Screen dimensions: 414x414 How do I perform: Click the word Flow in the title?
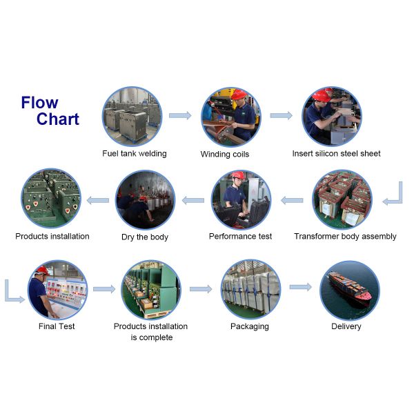click(x=39, y=103)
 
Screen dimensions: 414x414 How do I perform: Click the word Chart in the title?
click(x=58, y=119)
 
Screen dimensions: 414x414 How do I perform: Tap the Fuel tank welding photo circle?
click(x=132, y=115)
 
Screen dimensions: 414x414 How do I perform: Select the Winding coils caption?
click(x=225, y=154)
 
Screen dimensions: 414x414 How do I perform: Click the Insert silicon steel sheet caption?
click(x=336, y=153)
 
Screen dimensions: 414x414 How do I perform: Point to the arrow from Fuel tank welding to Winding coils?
click(x=179, y=115)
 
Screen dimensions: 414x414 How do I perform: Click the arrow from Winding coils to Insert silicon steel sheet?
click(x=281, y=115)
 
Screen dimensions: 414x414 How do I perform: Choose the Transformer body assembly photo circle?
click(x=342, y=199)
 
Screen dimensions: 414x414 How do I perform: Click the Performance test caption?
click(x=240, y=237)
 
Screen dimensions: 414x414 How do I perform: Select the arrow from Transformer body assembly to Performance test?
click(x=292, y=200)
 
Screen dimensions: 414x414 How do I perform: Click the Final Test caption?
click(x=57, y=326)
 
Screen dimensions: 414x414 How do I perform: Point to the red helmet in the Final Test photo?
click(x=41, y=270)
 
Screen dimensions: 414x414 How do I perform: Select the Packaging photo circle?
click(x=250, y=289)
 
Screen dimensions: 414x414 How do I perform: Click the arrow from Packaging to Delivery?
click(x=300, y=287)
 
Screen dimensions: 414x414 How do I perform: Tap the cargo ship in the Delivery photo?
click(x=348, y=286)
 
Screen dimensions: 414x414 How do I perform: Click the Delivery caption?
click(x=346, y=326)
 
